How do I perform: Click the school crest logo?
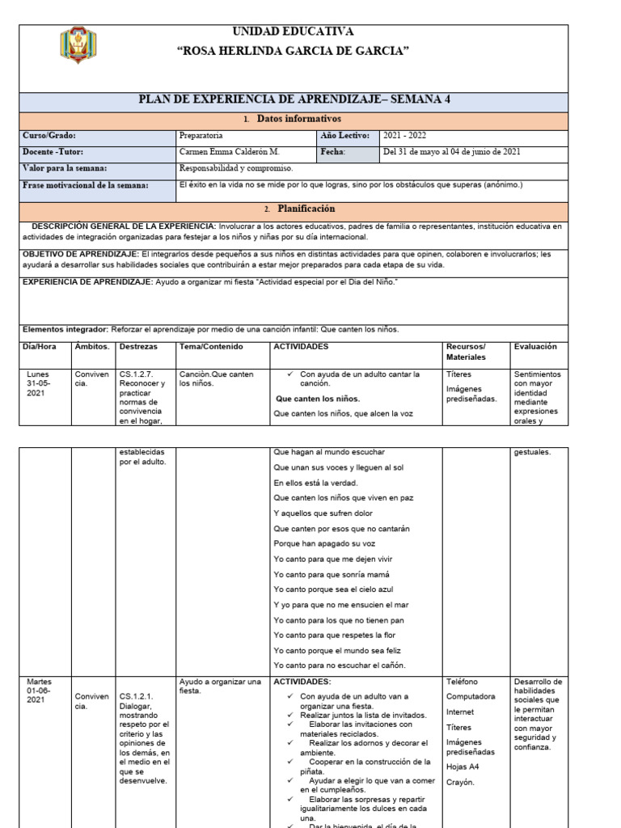pyautogui.click(x=78, y=45)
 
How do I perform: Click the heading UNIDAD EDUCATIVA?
pyautogui.click(x=293, y=32)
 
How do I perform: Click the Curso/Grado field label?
pyautogui.click(x=49, y=137)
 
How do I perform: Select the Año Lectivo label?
pyautogui.click(x=344, y=137)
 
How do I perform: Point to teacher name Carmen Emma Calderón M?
pyautogui.click(x=230, y=152)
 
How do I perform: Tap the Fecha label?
pyautogui.click(x=333, y=152)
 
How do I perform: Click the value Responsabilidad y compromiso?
pyautogui.click(x=236, y=168)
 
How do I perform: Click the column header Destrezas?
pyautogui.click(x=138, y=346)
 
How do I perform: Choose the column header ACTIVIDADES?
pyautogui.click(x=301, y=346)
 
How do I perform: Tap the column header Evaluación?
pyautogui.click(x=535, y=346)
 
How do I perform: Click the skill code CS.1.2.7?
pyautogui.click(x=136, y=374)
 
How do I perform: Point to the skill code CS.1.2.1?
pyautogui.click(x=136, y=696)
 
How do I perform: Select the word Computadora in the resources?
pyautogui.click(x=471, y=696)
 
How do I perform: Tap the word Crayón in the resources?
pyautogui.click(x=460, y=782)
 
